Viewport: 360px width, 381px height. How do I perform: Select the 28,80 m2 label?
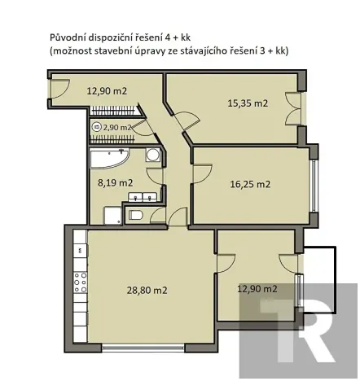click(x=147, y=290)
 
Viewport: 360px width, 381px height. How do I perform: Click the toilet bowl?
click(x=136, y=215)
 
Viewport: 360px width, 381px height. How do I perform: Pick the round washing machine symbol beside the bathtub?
click(x=152, y=157)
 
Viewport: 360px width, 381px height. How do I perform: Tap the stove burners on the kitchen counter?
click(x=81, y=282)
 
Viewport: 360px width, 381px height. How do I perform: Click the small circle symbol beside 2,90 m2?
click(x=97, y=128)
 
